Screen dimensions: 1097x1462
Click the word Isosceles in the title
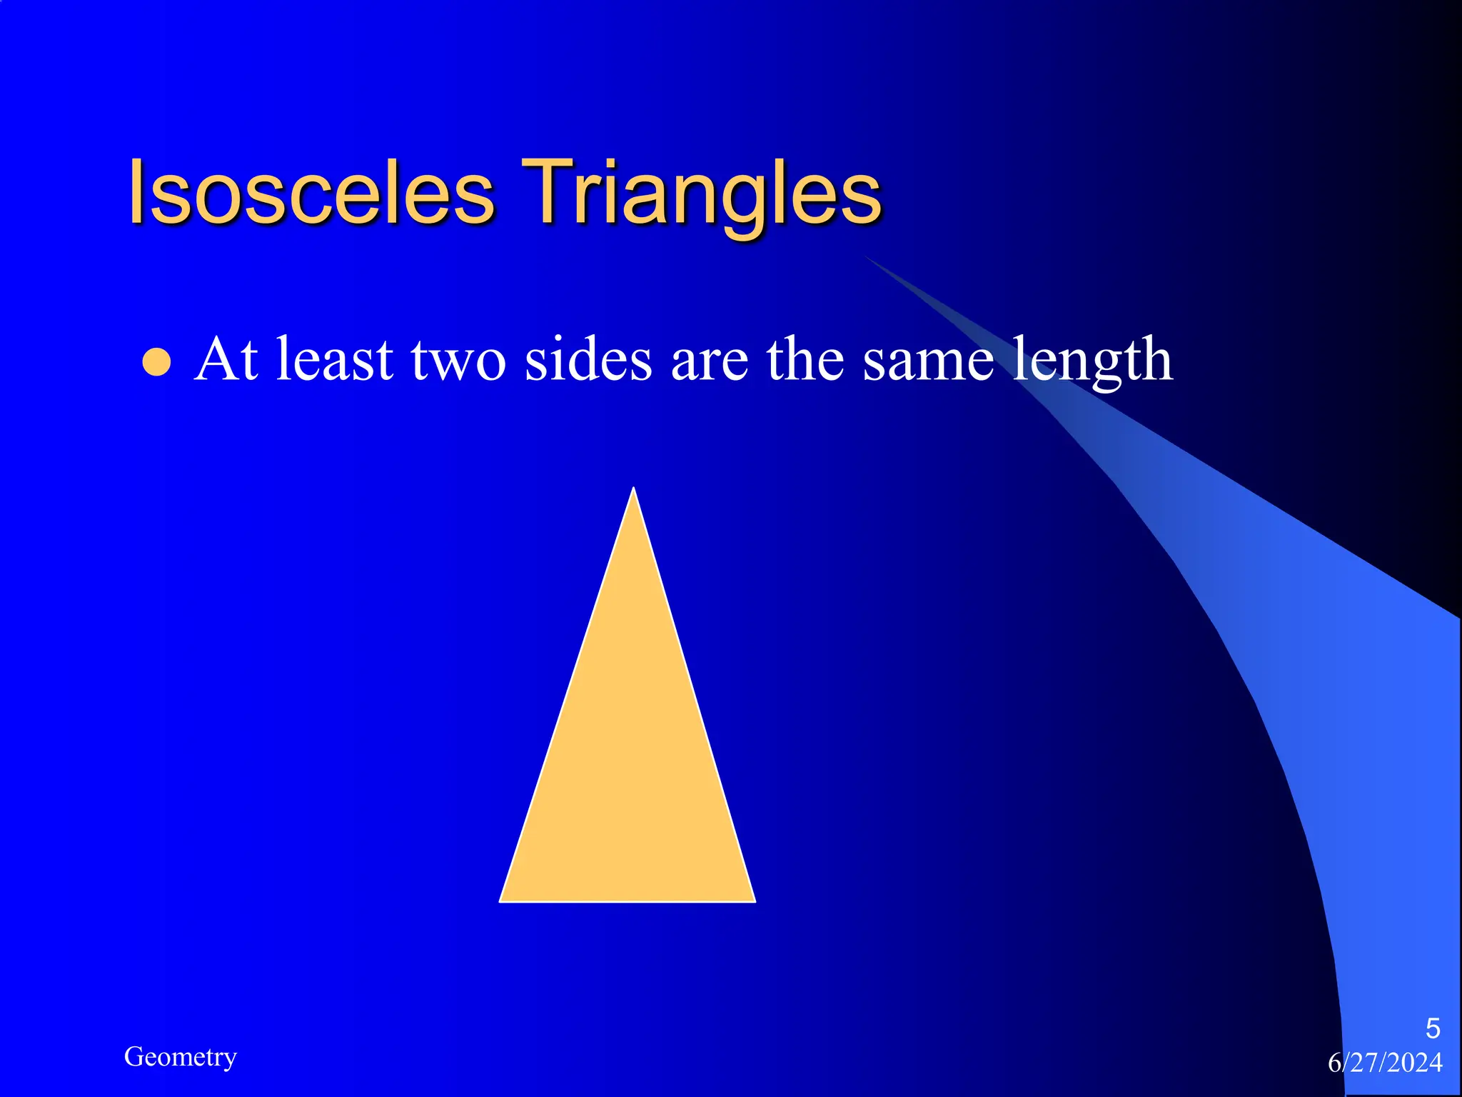coord(311,193)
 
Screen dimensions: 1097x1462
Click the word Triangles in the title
coord(702,193)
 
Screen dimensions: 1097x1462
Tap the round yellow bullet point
coord(157,362)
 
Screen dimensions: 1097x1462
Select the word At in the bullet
coord(226,359)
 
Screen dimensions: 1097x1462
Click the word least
coord(335,359)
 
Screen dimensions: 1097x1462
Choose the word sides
coord(588,359)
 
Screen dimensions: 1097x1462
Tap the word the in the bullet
coord(806,359)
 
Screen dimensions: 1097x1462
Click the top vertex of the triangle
coord(633,490)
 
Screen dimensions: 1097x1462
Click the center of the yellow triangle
coord(629,764)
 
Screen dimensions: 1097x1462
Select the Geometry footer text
coord(180,1056)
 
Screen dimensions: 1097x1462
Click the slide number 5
coord(1432,1028)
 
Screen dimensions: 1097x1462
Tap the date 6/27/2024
coord(1385,1063)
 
